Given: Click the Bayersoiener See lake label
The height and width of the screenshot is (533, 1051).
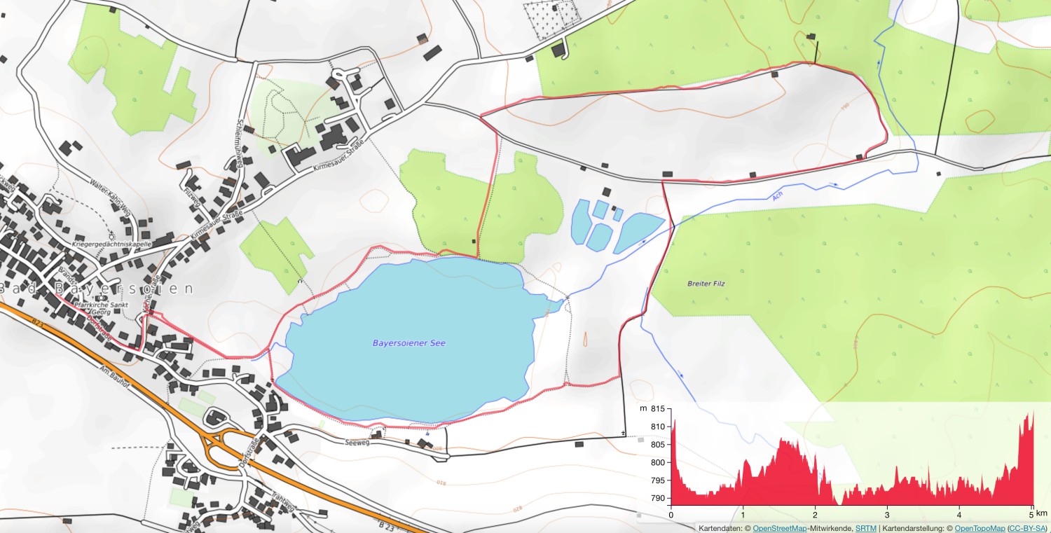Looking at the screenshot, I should pos(409,343).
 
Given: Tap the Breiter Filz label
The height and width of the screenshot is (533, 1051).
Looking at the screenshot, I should pos(706,284).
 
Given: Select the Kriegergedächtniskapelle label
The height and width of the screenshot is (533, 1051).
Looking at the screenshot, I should pos(112,244).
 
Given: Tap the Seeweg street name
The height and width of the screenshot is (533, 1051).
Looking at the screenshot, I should pos(357,443).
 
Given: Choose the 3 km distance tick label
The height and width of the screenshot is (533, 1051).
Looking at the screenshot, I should pos(887,513).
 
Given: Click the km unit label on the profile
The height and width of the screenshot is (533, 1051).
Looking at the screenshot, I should pos(1043,513).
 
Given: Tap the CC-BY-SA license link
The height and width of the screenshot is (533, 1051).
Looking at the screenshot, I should pos(1028,527).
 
